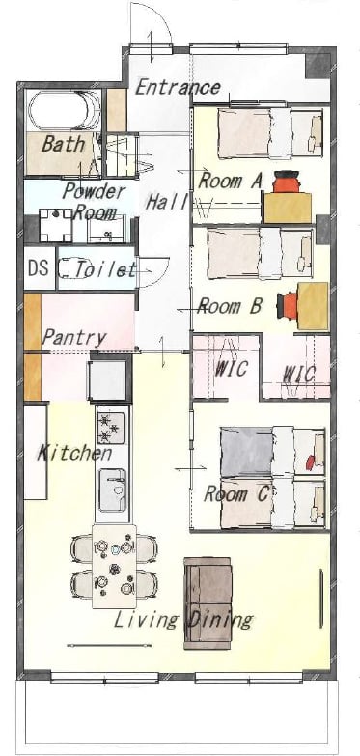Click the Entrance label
pyautogui.click(x=178, y=87)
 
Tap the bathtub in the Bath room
pyautogui.click(x=64, y=110)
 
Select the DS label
pyautogui.click(x=38, y=268)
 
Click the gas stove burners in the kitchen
pyautogui.click(x=110, y=428)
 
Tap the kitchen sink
pyautogui.click(x=112, y=490)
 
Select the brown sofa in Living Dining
pyautogui.click(x=208, y=602)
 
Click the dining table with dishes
pyautogui.click(x=114, y=566)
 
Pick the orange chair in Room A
pyautogui.click(x=287, y=182)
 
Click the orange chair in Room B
pyautogui.click(x=288, y=306)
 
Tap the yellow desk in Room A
pyautogui.click(x=288, y=208)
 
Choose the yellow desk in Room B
pyautogui.click(x=313, y=306)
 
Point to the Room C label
pyautogui.click(x=236, y=493)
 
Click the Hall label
pyautogui.click(x=166, y=202)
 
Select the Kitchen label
pyautogui.click(x=74, y=453)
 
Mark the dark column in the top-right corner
pyautogui.click(x=318, y=66)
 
